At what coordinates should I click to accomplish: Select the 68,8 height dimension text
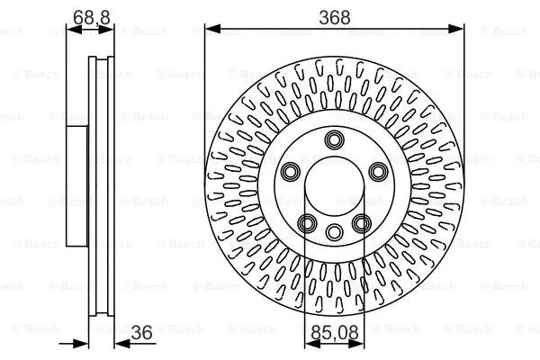click(85, 16)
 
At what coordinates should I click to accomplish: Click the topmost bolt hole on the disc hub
click(335, 139)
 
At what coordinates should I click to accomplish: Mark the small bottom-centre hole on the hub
click(335, 231)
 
